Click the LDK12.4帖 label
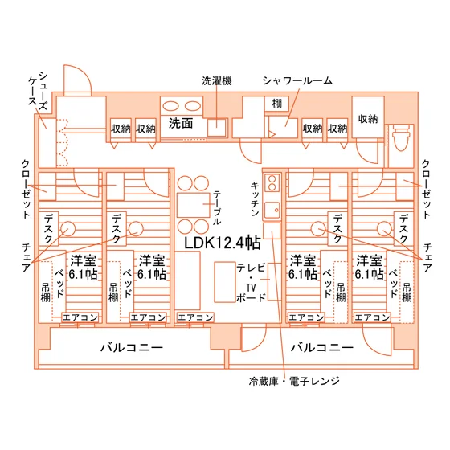click(x=223, y=243)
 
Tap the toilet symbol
click(x=401, y=137)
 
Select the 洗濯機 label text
click(x=217, y=80)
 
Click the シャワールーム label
click(x=297, y=80)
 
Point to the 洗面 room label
click(x=181, y=123)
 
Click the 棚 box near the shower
click(x=276, y=104)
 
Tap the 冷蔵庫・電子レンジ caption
click(x=294, y=381)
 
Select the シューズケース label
click(x=38, y=92)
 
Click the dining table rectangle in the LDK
click(x=193, y=205)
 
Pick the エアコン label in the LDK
click(x=195, y=317)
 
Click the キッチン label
click(x=255, y=198)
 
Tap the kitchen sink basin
click(x=272, y=211)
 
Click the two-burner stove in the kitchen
click(x=272, y=183)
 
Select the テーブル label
click(x=217, y=208)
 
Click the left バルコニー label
click(x=132, y=347)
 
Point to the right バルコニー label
click(x=322, y=347)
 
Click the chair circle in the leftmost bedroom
click(x=68, y=229)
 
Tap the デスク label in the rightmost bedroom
click(x=403, y=229)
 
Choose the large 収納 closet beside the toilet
click(x=368, y=117)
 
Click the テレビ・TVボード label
click(x=251, y=282)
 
